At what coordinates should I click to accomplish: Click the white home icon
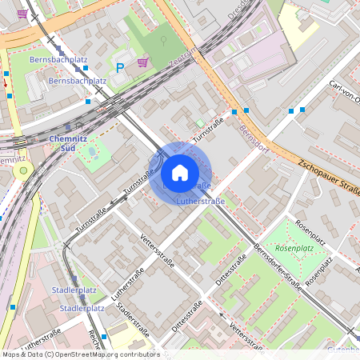[180, 172]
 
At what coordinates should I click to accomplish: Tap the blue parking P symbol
[120, 69]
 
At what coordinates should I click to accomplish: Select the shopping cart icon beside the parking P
[142, 62]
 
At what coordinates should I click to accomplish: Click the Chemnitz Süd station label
[62, 143]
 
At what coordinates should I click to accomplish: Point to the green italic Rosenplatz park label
[294, 248]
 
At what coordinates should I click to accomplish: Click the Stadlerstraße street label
[133, 319]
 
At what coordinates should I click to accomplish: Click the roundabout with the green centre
[23, 170]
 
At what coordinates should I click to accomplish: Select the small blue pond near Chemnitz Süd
[92, 150]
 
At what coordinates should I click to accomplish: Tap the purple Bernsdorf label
[253, 137]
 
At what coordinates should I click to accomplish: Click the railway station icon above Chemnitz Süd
[67, 126]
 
